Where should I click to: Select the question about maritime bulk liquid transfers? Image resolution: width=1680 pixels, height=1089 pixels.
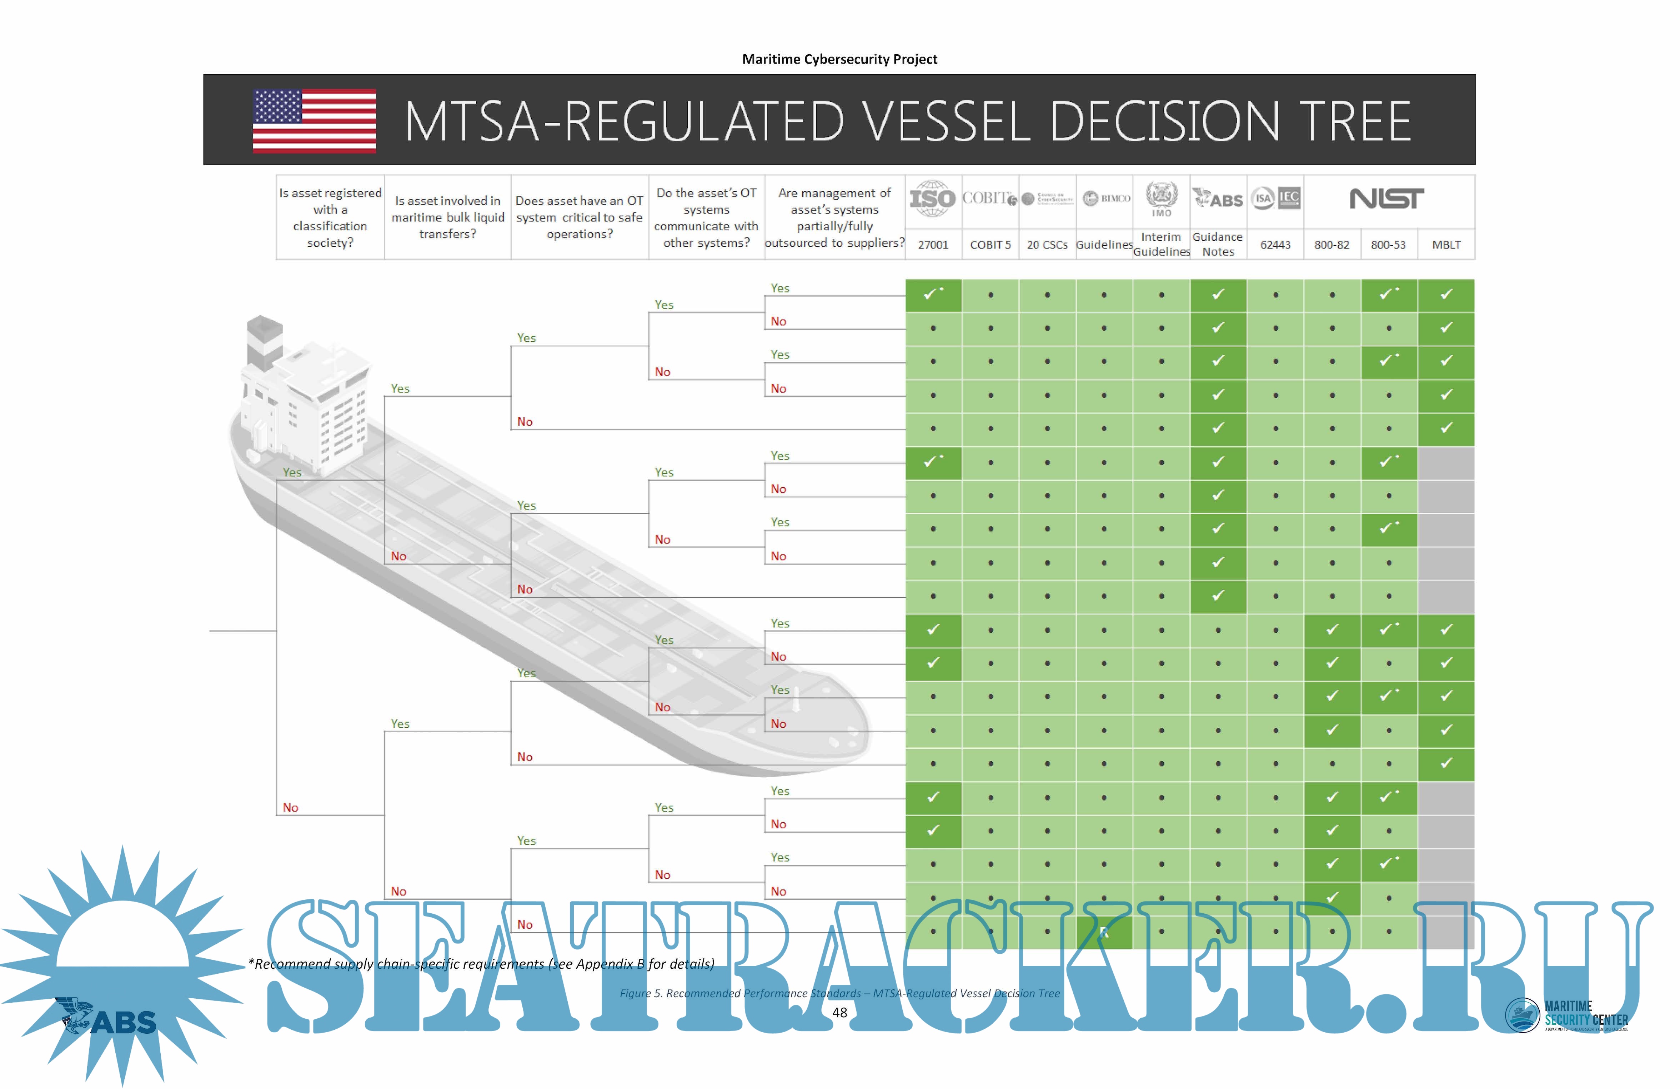[x=447, y=217]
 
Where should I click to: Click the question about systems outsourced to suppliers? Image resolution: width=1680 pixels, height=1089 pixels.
[x=834, y=217]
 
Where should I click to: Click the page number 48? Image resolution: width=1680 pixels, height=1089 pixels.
[x=839, y=1012]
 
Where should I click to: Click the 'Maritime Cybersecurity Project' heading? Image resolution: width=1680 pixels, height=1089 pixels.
[x=839, y=59]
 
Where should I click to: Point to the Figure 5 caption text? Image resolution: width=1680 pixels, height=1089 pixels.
[x=839, y=993]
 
